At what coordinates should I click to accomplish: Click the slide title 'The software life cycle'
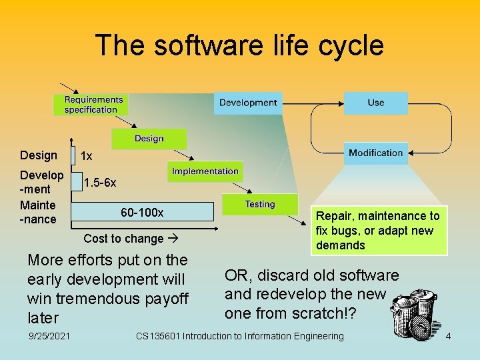point(239,45)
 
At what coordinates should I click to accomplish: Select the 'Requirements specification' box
point(91,105)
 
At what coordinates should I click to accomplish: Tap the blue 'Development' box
point(248,103)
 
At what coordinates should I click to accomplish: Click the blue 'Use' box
point(375,103)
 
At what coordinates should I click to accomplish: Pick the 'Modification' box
point(375,153)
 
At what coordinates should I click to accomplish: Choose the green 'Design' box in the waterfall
point(149,139)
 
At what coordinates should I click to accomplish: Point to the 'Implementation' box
point(205,171)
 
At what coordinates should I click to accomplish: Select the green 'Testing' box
point(260,204)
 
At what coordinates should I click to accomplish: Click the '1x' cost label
point(86,156)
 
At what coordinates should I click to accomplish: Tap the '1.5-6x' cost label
point(100,183)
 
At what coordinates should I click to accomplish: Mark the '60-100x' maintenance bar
point(142,213)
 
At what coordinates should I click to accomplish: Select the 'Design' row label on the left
point(39,155)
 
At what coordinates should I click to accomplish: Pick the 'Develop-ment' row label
point(41,182)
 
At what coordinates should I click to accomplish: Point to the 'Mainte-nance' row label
point(38,212)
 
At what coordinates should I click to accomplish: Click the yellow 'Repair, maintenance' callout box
point(377,231)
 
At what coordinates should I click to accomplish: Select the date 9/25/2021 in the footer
point(51,336)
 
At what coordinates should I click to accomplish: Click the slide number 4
point(448,336)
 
